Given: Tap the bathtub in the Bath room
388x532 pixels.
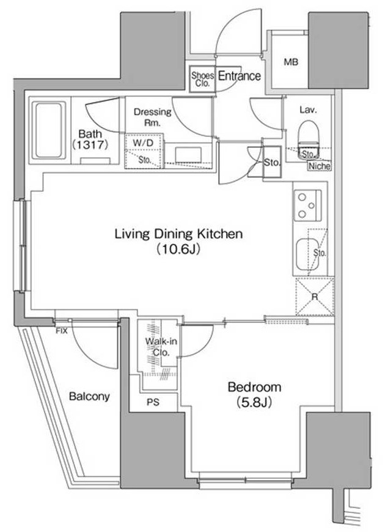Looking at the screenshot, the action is click(x=49, y=130).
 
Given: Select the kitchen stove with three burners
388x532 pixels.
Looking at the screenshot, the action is click(x=307, y=205).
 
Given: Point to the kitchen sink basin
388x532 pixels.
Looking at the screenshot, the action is click(x=307, y=254).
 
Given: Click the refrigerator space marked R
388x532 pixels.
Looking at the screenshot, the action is click(x=315, y=297).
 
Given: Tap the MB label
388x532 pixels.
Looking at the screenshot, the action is click(x=291, y=62).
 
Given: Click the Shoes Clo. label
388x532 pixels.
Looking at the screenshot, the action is click(x=202, y=79).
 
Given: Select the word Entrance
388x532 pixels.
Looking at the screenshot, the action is click(x=240, y=76).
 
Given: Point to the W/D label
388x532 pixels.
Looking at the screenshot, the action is click(x=143, y=143).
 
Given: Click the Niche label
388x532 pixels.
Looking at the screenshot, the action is click(x=320, y=166).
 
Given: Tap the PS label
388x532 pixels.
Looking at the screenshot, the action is click(x=153, y=402).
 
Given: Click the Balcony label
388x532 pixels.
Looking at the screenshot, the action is click(x=89, y=396).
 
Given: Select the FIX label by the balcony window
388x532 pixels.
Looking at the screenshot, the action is click(x=62, y=331).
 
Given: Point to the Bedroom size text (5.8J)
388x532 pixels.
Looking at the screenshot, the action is click(x=254, y=402).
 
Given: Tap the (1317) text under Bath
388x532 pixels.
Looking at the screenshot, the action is click(x=90, y=145).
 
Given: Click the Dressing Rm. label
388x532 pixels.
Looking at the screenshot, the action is click(x=153, y=117).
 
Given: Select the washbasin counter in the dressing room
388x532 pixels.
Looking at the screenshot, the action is click(x=189, y=155).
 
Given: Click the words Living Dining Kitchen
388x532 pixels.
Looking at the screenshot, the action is click(x=179, y=234).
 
